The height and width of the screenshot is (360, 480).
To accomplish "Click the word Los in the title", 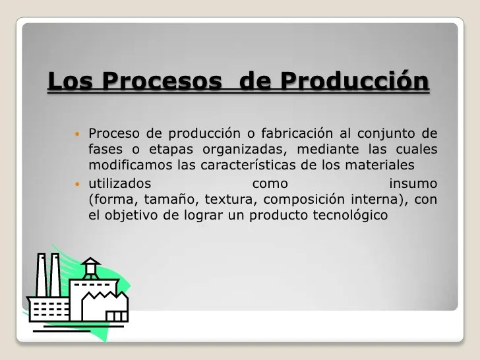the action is point(70,80).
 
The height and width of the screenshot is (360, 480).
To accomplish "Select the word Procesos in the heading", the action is point(162,80).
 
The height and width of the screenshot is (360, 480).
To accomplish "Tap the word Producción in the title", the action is point(355,80).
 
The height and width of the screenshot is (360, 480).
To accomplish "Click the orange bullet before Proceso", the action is point(77,134).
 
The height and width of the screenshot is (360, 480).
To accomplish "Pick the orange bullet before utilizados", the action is point(77,184).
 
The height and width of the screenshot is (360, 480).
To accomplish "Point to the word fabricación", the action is point(297,133).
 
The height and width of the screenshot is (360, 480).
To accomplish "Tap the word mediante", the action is point(328,149).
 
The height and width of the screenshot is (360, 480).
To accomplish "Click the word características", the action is point(249,165).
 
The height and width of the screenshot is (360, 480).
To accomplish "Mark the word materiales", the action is point(380,165).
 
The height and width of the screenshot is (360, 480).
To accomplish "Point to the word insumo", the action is point(413,184).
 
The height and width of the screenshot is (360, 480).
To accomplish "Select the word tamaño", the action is point(169,200).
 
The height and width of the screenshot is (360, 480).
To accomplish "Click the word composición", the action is point(304,200).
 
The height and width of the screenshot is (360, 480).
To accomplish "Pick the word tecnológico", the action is point(350,216).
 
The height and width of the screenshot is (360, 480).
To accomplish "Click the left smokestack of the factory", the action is point(42,275).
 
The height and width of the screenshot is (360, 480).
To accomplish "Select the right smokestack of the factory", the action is point(55,275).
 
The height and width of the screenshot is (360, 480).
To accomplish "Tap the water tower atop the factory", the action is point(91,268).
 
